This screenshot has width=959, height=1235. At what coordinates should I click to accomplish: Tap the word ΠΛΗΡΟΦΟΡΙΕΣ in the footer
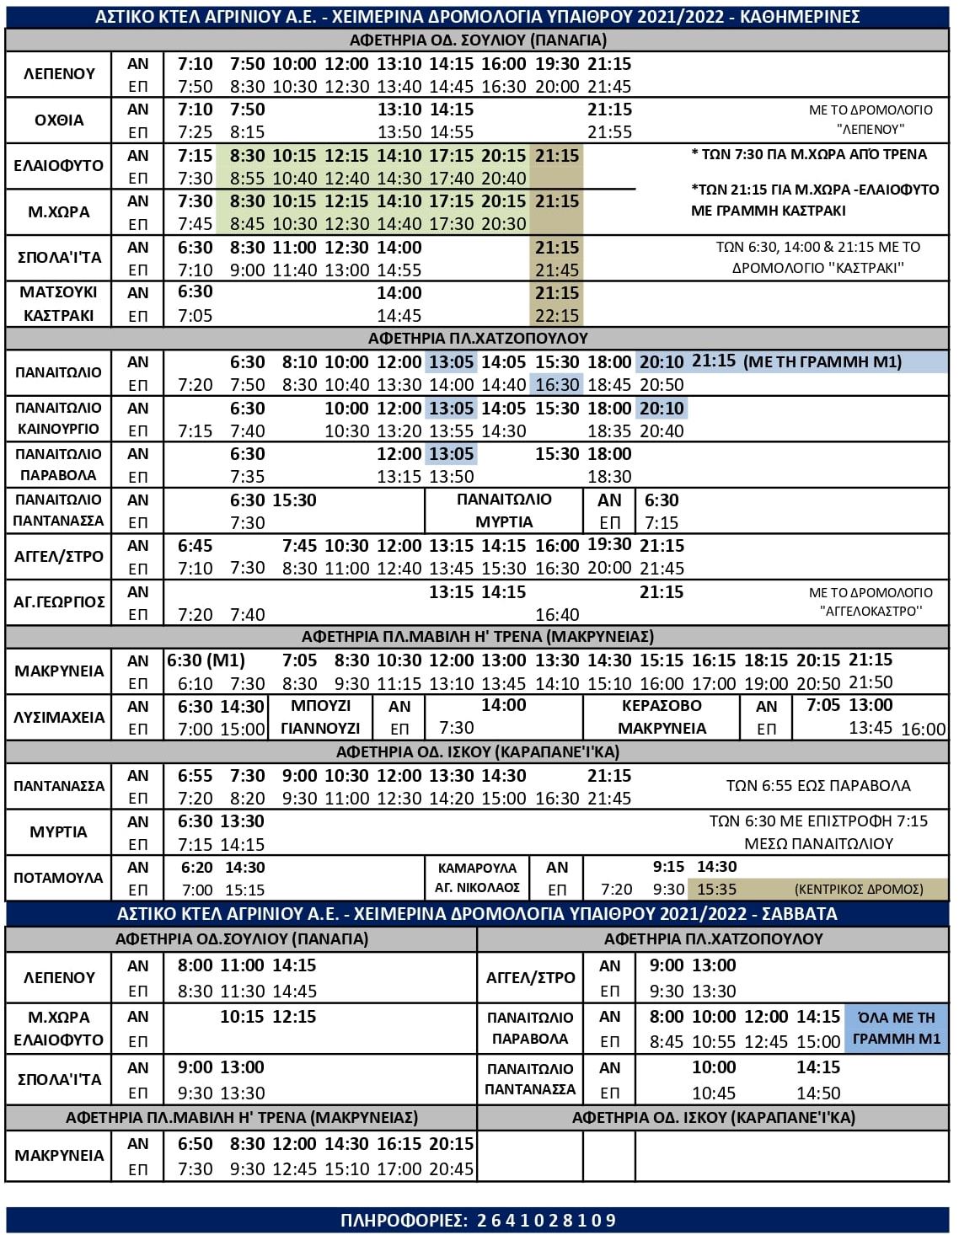tap(402, 1220)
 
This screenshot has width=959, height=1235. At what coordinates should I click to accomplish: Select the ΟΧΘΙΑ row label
tap(59, 120)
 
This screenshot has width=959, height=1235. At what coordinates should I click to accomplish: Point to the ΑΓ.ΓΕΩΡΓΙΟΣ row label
tap(59, 602)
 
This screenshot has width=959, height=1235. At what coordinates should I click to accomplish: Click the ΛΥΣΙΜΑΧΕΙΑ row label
tap(59, 717)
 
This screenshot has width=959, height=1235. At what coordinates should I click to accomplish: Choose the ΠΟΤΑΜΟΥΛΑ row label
tap(59, 878)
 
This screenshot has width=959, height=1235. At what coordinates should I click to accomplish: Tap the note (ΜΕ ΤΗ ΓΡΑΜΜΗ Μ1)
tap(822, 362)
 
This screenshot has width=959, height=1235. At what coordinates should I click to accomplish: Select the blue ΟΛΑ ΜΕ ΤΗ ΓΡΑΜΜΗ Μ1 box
tap(896, 1028)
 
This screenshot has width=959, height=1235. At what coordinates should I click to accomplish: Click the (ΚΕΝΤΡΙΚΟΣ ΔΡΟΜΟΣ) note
tap(859, 889)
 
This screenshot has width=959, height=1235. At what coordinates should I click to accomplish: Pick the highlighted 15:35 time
tap(716, 889)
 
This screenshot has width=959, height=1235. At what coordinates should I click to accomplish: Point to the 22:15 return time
tap(557, 316)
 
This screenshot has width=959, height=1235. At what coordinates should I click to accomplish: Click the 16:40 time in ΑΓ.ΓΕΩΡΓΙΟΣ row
tap(557, 615)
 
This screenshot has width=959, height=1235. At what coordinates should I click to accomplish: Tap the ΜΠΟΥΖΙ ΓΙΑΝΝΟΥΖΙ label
tap(320, 717)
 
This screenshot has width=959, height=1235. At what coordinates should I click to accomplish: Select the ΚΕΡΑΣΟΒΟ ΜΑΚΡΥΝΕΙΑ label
tap(662, 717)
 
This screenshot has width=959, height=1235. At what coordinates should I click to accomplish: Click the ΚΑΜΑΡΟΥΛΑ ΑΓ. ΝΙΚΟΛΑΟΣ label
tap(477, 878)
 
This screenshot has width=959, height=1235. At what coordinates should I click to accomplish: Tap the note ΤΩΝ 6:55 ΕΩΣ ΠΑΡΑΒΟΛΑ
tap(818, 786)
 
